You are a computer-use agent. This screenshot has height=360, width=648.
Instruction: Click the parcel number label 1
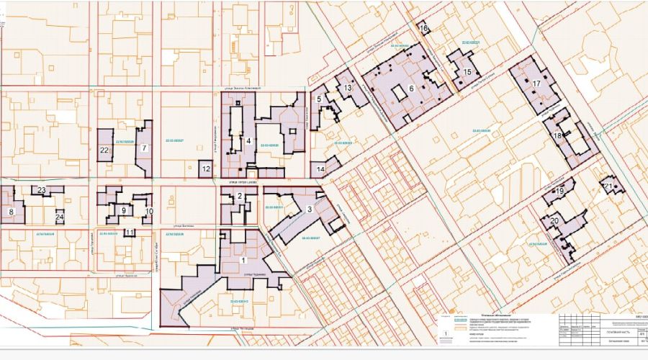243,260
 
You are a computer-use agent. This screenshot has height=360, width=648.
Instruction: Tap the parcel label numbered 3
309,209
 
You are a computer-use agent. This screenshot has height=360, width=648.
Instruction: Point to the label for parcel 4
248,141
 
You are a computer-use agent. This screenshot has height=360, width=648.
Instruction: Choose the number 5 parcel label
318,99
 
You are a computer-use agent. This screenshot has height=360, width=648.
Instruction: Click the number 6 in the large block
411,89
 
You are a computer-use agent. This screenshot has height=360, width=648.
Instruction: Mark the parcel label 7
144,148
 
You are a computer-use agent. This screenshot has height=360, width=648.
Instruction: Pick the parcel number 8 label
12,212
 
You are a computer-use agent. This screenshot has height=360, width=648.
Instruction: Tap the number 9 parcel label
123,210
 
